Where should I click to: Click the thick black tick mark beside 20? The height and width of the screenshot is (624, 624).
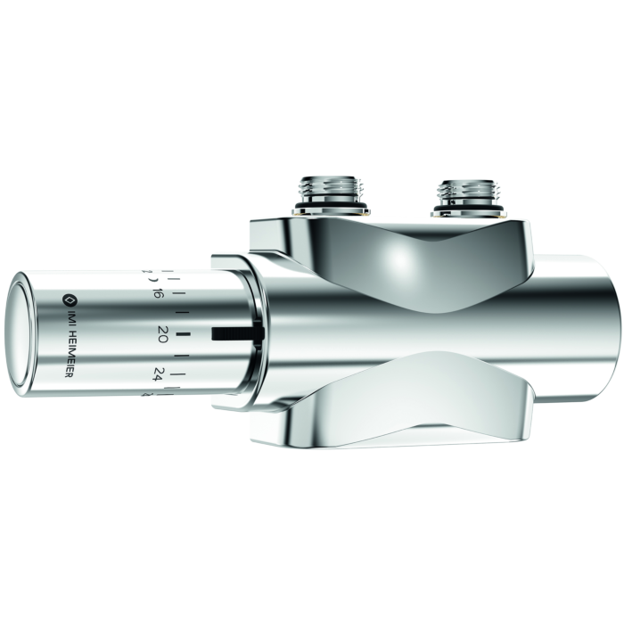click(184, 334)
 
